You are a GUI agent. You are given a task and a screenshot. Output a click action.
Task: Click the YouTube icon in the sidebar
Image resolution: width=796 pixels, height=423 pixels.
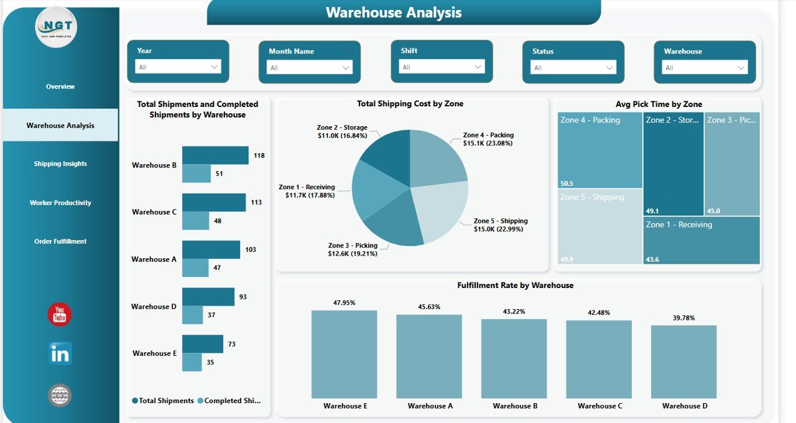point(60,314)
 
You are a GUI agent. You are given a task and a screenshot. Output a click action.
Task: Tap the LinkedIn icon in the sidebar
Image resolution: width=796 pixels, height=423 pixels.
point(60,354)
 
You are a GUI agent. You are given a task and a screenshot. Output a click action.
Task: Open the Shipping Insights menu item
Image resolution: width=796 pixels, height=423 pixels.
point(60,164)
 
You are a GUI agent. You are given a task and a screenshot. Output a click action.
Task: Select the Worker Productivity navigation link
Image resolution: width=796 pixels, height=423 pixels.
point(60,203)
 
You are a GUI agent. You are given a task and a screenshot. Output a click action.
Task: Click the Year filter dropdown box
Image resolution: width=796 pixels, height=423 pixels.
point(178,67)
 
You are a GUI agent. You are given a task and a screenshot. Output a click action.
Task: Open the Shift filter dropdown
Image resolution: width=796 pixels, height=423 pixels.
point(442,67)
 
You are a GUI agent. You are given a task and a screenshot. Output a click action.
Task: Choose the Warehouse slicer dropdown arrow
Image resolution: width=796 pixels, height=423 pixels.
point(741,68)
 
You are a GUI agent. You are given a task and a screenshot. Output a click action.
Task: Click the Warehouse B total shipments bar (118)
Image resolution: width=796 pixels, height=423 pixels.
point(215,156)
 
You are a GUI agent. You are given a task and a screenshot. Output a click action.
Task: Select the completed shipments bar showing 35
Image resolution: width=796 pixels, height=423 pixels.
point(192,362)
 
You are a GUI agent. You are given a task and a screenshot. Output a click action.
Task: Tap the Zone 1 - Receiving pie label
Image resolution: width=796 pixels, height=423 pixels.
point(307,191)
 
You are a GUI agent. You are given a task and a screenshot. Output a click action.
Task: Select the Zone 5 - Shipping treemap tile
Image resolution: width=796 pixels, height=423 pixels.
point(599,227)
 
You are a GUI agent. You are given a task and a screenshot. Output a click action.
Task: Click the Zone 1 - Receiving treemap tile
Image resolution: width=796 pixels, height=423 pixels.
point(701,240)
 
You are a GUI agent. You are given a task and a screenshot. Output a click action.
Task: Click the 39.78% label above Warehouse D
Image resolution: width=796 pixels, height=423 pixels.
point(683,318)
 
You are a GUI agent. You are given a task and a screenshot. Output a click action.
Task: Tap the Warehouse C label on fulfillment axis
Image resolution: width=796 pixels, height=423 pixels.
point(599,406)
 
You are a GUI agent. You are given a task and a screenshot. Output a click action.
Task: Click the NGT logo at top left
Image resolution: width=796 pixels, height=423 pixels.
point(56,27)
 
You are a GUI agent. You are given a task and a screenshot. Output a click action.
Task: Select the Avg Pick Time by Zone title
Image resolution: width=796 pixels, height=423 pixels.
point(659,104)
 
